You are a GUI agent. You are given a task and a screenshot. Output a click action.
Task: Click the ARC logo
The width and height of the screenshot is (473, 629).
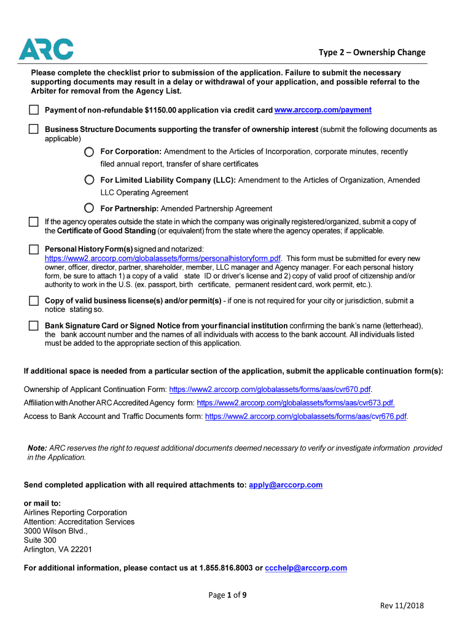click(46, 49)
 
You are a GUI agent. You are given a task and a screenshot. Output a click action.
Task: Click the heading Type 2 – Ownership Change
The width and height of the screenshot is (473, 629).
click(372, 52)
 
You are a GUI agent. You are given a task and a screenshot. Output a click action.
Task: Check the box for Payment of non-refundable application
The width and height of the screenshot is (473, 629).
click(33, 110)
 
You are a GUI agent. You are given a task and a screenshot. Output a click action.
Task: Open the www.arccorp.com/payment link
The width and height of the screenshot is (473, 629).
click(322, 110)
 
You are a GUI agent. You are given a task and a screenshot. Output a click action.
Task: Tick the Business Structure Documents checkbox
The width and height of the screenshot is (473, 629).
click(33, 130)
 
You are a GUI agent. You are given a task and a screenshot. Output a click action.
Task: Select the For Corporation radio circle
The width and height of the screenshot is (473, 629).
click(90, 152)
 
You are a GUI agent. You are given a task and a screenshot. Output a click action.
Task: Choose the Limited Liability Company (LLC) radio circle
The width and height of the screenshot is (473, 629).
click(90, 180)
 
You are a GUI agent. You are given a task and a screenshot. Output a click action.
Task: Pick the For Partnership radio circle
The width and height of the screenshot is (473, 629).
click(90, 208)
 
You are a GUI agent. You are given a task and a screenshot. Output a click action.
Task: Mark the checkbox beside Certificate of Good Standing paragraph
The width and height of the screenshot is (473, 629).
click(33, 222)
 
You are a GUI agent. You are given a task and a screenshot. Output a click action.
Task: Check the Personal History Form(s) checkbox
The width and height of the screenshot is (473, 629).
click(33, 249)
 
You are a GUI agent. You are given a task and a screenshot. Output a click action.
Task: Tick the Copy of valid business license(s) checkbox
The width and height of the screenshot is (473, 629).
click(33, 301)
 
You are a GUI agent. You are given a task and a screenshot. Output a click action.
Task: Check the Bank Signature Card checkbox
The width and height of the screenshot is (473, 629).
click(33, 326)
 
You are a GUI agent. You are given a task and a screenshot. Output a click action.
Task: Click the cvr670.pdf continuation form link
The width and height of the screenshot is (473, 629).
click(270, 389)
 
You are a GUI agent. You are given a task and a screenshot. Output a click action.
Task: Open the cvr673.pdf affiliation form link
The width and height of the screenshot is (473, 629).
click(295, 403)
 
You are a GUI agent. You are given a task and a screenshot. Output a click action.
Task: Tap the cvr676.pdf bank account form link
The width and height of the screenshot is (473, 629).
click(306, 416)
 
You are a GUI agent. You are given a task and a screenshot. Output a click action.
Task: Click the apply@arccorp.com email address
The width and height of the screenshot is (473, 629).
click(286, 485)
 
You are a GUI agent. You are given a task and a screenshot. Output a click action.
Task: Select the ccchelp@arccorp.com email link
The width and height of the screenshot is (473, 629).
click(306, 568)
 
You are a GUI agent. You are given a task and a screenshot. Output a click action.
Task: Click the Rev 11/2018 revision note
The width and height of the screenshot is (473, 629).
click(402, 606)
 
